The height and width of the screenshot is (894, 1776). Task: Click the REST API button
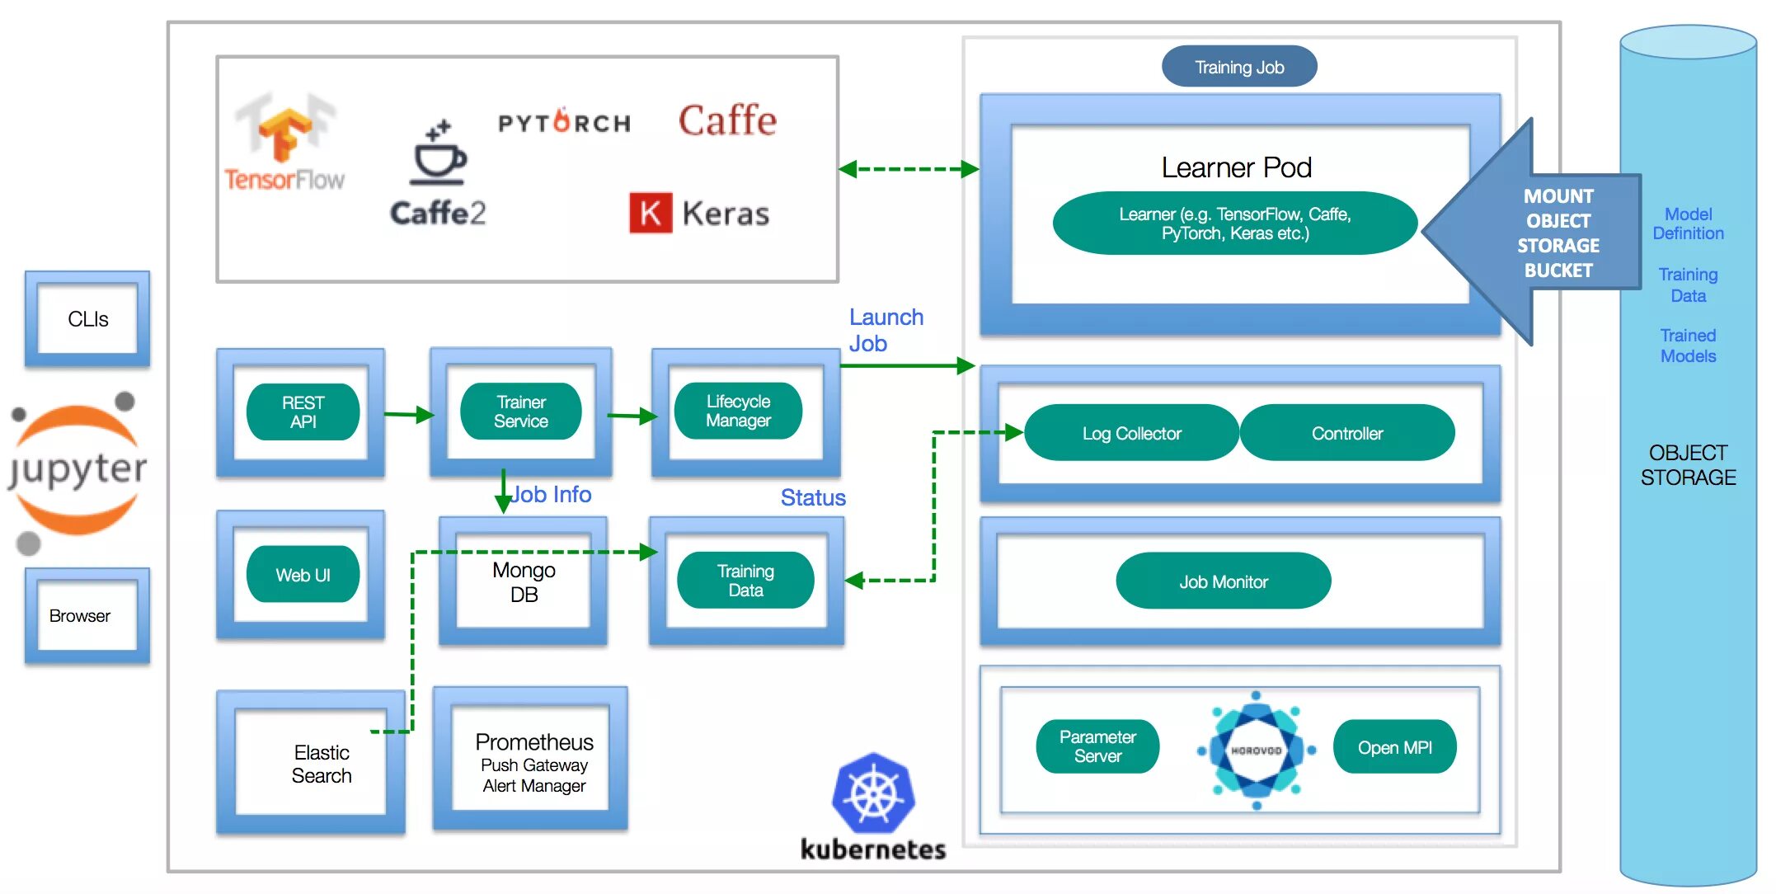303,412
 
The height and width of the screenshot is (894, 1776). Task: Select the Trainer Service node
520,412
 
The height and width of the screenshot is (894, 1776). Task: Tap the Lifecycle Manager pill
738,411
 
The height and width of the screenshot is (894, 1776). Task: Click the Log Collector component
1131,433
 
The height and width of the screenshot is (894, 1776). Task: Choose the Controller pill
1347,433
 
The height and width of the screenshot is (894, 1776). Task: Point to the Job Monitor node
1224,581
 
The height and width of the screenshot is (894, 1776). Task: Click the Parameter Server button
1097,746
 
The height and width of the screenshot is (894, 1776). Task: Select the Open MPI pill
1395,746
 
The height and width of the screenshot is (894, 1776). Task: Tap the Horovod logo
1256,750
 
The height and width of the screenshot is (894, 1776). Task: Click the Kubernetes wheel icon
873,793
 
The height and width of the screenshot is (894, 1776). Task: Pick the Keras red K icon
651,213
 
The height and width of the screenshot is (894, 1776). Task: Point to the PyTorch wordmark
564,122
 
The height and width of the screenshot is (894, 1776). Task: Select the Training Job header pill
1239,67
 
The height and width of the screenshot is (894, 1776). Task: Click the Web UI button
303,575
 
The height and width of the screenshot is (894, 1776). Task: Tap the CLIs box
87,319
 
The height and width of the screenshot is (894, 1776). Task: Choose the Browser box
87,616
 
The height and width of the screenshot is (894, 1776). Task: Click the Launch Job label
886,330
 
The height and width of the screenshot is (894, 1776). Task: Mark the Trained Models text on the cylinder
1688,346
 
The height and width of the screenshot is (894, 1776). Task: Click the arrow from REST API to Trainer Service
410,414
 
